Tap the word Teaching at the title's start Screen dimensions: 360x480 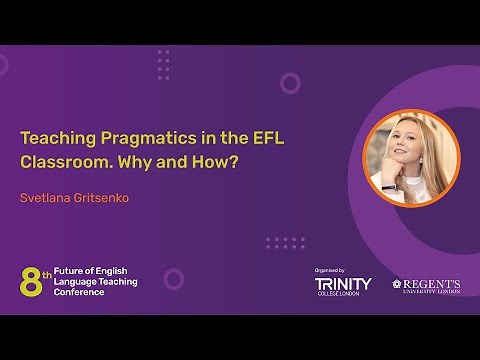57,139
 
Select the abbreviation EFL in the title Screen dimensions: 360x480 264,139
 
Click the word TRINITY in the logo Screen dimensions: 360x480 343,284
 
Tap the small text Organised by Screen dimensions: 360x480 329,270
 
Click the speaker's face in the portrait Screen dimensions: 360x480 406,150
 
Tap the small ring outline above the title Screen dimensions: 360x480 290,83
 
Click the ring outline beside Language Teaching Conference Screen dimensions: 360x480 174,279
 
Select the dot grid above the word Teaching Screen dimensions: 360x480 163,63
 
